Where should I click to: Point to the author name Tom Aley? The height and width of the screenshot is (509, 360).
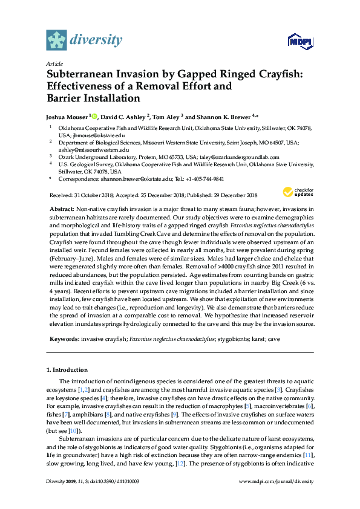pyautogui.click(x=166, y=116)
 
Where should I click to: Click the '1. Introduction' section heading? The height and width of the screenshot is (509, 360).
pyautogui.click(x=67, y=369)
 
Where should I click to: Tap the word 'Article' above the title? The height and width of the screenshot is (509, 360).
pyautogui.click(x=53, y=63)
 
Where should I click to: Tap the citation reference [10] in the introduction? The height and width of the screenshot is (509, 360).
pyautogui.click(x=73, y=430)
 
